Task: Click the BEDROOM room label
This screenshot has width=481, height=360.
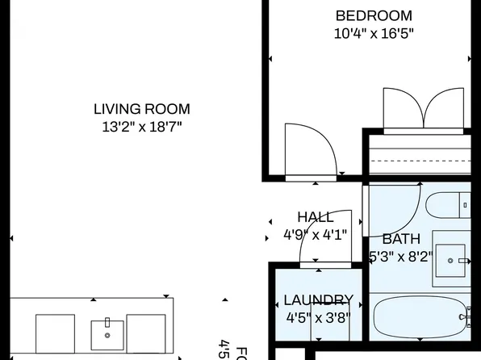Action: tap(374, 15)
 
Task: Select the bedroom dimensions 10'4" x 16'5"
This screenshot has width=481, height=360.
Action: tap(374, 34)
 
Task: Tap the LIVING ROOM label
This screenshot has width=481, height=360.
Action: tap(142, 109)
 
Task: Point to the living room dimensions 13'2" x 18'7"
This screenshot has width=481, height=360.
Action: tap(142, 127)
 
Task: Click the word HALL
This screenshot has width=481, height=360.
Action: tap(315, 217)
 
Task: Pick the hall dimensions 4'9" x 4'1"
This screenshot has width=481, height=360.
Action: tap(315, 236)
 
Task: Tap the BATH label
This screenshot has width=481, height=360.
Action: tap(401, 239)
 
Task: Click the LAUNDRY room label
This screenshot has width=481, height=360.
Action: tap(319, 299)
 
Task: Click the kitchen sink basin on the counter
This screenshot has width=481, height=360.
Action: tap(107, 332)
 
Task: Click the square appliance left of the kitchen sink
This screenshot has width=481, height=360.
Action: tap(56, 335)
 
